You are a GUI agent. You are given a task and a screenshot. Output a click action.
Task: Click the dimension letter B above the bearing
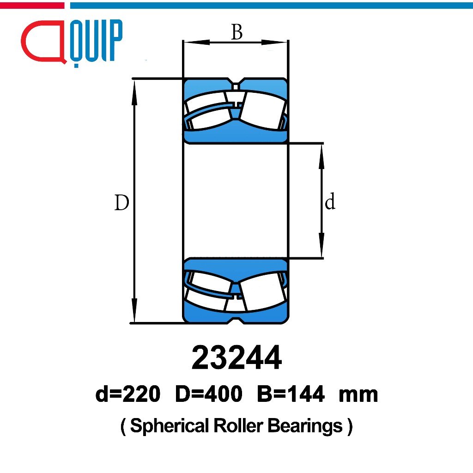pyautogui.click(x=237, y=32)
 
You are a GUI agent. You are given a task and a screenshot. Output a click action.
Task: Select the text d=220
pyautogui.click(x=127, y=394)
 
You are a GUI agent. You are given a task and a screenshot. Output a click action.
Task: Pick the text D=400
pyautogui.click(x=209, y=394)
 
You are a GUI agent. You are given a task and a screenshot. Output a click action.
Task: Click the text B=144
pyautogui.click(x=291, y=394)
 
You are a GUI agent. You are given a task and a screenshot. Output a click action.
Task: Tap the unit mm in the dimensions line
pyautogui.click(x=358, y=395)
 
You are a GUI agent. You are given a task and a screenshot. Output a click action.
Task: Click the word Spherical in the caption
pyautogui.click(x=170, y=426)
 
